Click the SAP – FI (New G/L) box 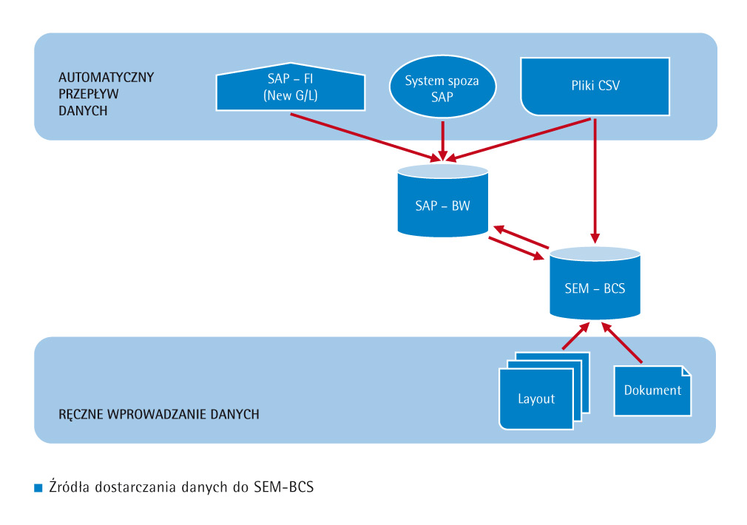(291, 89)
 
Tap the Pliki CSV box (595, 86)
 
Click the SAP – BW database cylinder (442, 203)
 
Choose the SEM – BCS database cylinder (595, 285)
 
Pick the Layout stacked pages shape (536, 396)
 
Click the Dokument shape (652, 390)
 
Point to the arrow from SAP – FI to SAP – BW (362, 136)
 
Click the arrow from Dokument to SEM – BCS (623, 342)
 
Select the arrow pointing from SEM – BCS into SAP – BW (522, 237)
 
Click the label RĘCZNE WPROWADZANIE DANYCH (158, 414)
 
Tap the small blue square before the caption (38, 488)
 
